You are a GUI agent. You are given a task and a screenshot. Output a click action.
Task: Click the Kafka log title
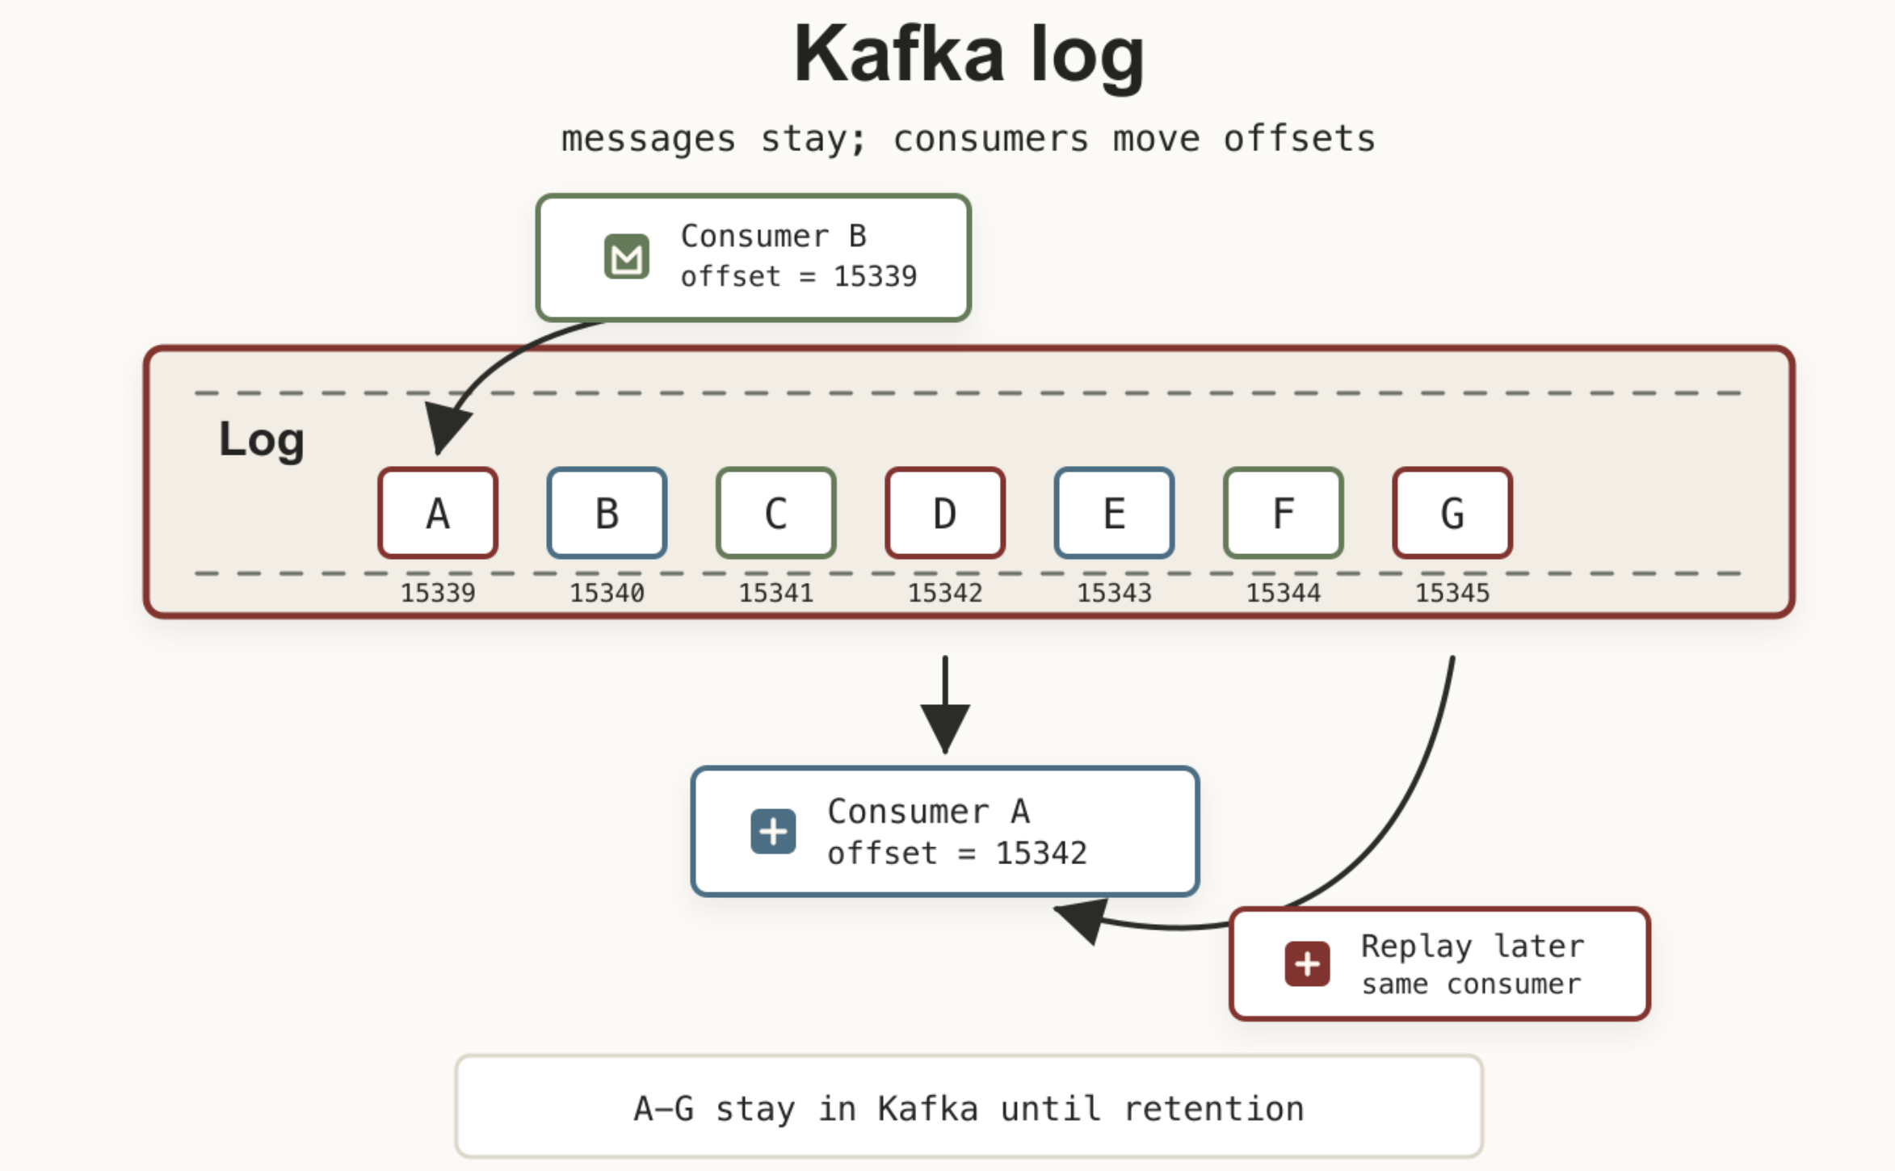tap(969, 55)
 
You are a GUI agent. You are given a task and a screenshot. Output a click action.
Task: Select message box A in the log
tap(438, 513)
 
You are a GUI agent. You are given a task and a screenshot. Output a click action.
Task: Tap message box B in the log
tap(607, 513)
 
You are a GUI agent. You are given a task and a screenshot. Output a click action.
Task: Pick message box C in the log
tap(775, 513)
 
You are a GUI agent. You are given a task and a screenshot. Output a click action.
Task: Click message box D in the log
tap(945, 513)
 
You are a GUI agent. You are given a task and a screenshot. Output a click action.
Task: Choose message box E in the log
tap(1114, 513)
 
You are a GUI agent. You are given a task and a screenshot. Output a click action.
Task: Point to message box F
tap(1283, 513)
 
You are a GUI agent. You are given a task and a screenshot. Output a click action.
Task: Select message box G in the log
tap(1452, 513)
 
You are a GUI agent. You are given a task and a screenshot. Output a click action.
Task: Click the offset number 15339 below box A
tap(438, 593)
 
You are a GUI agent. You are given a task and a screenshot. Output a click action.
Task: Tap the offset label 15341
tap(775, 593)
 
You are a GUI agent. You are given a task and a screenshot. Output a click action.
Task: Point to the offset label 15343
tap(1114, 593)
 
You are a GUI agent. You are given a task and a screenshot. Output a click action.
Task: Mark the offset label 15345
tap(1452, 593)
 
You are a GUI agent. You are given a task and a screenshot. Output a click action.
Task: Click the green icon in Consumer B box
tap(627, 257)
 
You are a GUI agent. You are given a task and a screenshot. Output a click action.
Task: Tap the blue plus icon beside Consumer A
tap(773, 831)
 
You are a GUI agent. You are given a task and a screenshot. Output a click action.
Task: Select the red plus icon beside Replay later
tap(1307, 963)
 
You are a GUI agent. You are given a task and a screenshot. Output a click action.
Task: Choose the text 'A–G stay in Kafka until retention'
tap(969, 1109)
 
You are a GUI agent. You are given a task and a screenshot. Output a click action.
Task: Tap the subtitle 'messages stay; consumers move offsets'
tap(969, 139)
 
